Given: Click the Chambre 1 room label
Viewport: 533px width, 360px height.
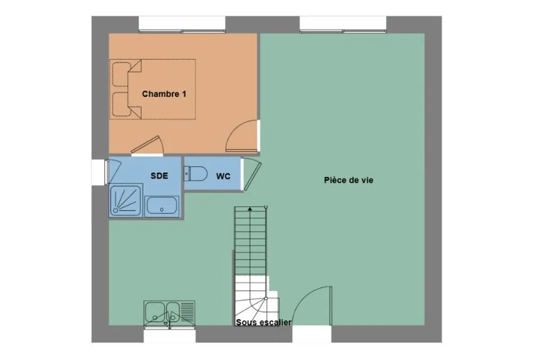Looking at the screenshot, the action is pos(164,93).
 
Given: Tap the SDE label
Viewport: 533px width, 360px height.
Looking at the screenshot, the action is pos(159,175).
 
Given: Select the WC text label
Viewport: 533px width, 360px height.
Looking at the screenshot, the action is pos(223,176).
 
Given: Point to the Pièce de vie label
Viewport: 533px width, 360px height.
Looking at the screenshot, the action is pos(349,180).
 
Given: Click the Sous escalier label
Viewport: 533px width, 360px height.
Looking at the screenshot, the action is pos(263,322).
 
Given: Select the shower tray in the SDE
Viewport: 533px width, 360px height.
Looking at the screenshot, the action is pos(125,200).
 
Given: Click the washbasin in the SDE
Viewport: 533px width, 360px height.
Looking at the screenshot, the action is pos(161,206).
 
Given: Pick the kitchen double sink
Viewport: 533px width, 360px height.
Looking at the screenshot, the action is pos(169,313).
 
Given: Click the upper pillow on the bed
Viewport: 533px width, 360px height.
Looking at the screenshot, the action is pos(120,74).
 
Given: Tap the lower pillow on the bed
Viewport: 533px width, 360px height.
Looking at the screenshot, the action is pos(120,104).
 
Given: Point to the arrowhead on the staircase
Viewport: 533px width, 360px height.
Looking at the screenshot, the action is pos(250,209).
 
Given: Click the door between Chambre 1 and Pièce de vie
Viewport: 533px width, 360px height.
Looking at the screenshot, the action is pos(242,136).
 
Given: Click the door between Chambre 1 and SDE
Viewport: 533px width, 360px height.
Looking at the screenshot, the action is pos(148,145).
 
